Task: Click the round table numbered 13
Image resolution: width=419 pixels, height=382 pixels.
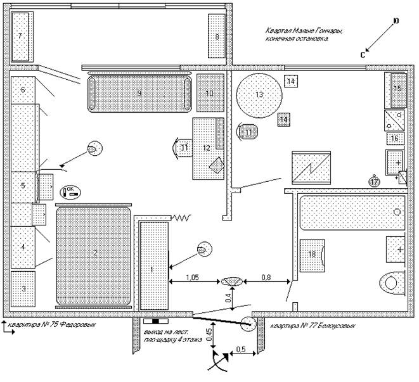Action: click(259, 94)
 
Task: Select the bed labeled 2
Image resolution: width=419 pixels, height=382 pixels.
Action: click(94, 253)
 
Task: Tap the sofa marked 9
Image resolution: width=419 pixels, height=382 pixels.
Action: click(139, 94)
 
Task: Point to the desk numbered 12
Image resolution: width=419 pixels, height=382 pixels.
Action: click(207, 148)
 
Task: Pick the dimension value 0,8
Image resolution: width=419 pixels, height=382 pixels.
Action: click(267, 276)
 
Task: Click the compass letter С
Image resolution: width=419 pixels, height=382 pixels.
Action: click(363, 55)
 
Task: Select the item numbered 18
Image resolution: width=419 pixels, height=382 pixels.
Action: click(312, 254)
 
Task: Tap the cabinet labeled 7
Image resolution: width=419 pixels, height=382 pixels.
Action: click(20, 35)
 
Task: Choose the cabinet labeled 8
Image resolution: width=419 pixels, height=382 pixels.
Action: click(217, 36)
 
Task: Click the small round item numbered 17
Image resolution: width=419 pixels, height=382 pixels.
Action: click(374, 181)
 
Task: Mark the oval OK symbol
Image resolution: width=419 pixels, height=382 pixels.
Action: click(70, 190)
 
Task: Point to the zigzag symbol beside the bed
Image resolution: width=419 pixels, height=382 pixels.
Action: click(183, 217)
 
